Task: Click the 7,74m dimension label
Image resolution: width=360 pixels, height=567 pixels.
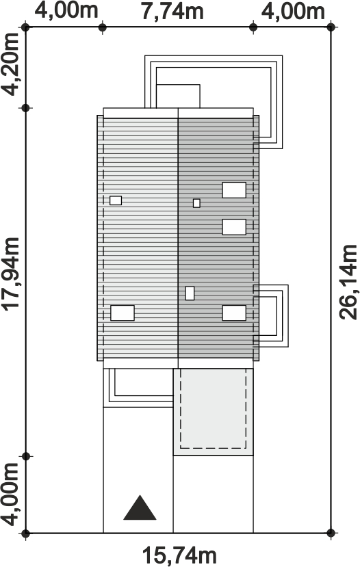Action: [172, 12]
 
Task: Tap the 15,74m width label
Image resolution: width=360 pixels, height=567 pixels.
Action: [179, 555]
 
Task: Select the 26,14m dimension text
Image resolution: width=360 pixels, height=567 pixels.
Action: [348, 282]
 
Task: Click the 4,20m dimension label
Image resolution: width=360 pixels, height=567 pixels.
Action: [10, 64]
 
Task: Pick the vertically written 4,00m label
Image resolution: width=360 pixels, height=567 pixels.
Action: [10, 494]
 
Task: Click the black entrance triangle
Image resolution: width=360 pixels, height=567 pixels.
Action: [140, 507]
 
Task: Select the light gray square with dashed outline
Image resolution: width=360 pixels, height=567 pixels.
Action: [213, 412]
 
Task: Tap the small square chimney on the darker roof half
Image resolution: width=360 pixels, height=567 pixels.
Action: [196, 203]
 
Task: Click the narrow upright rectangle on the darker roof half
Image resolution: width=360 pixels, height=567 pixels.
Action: [190, 293]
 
